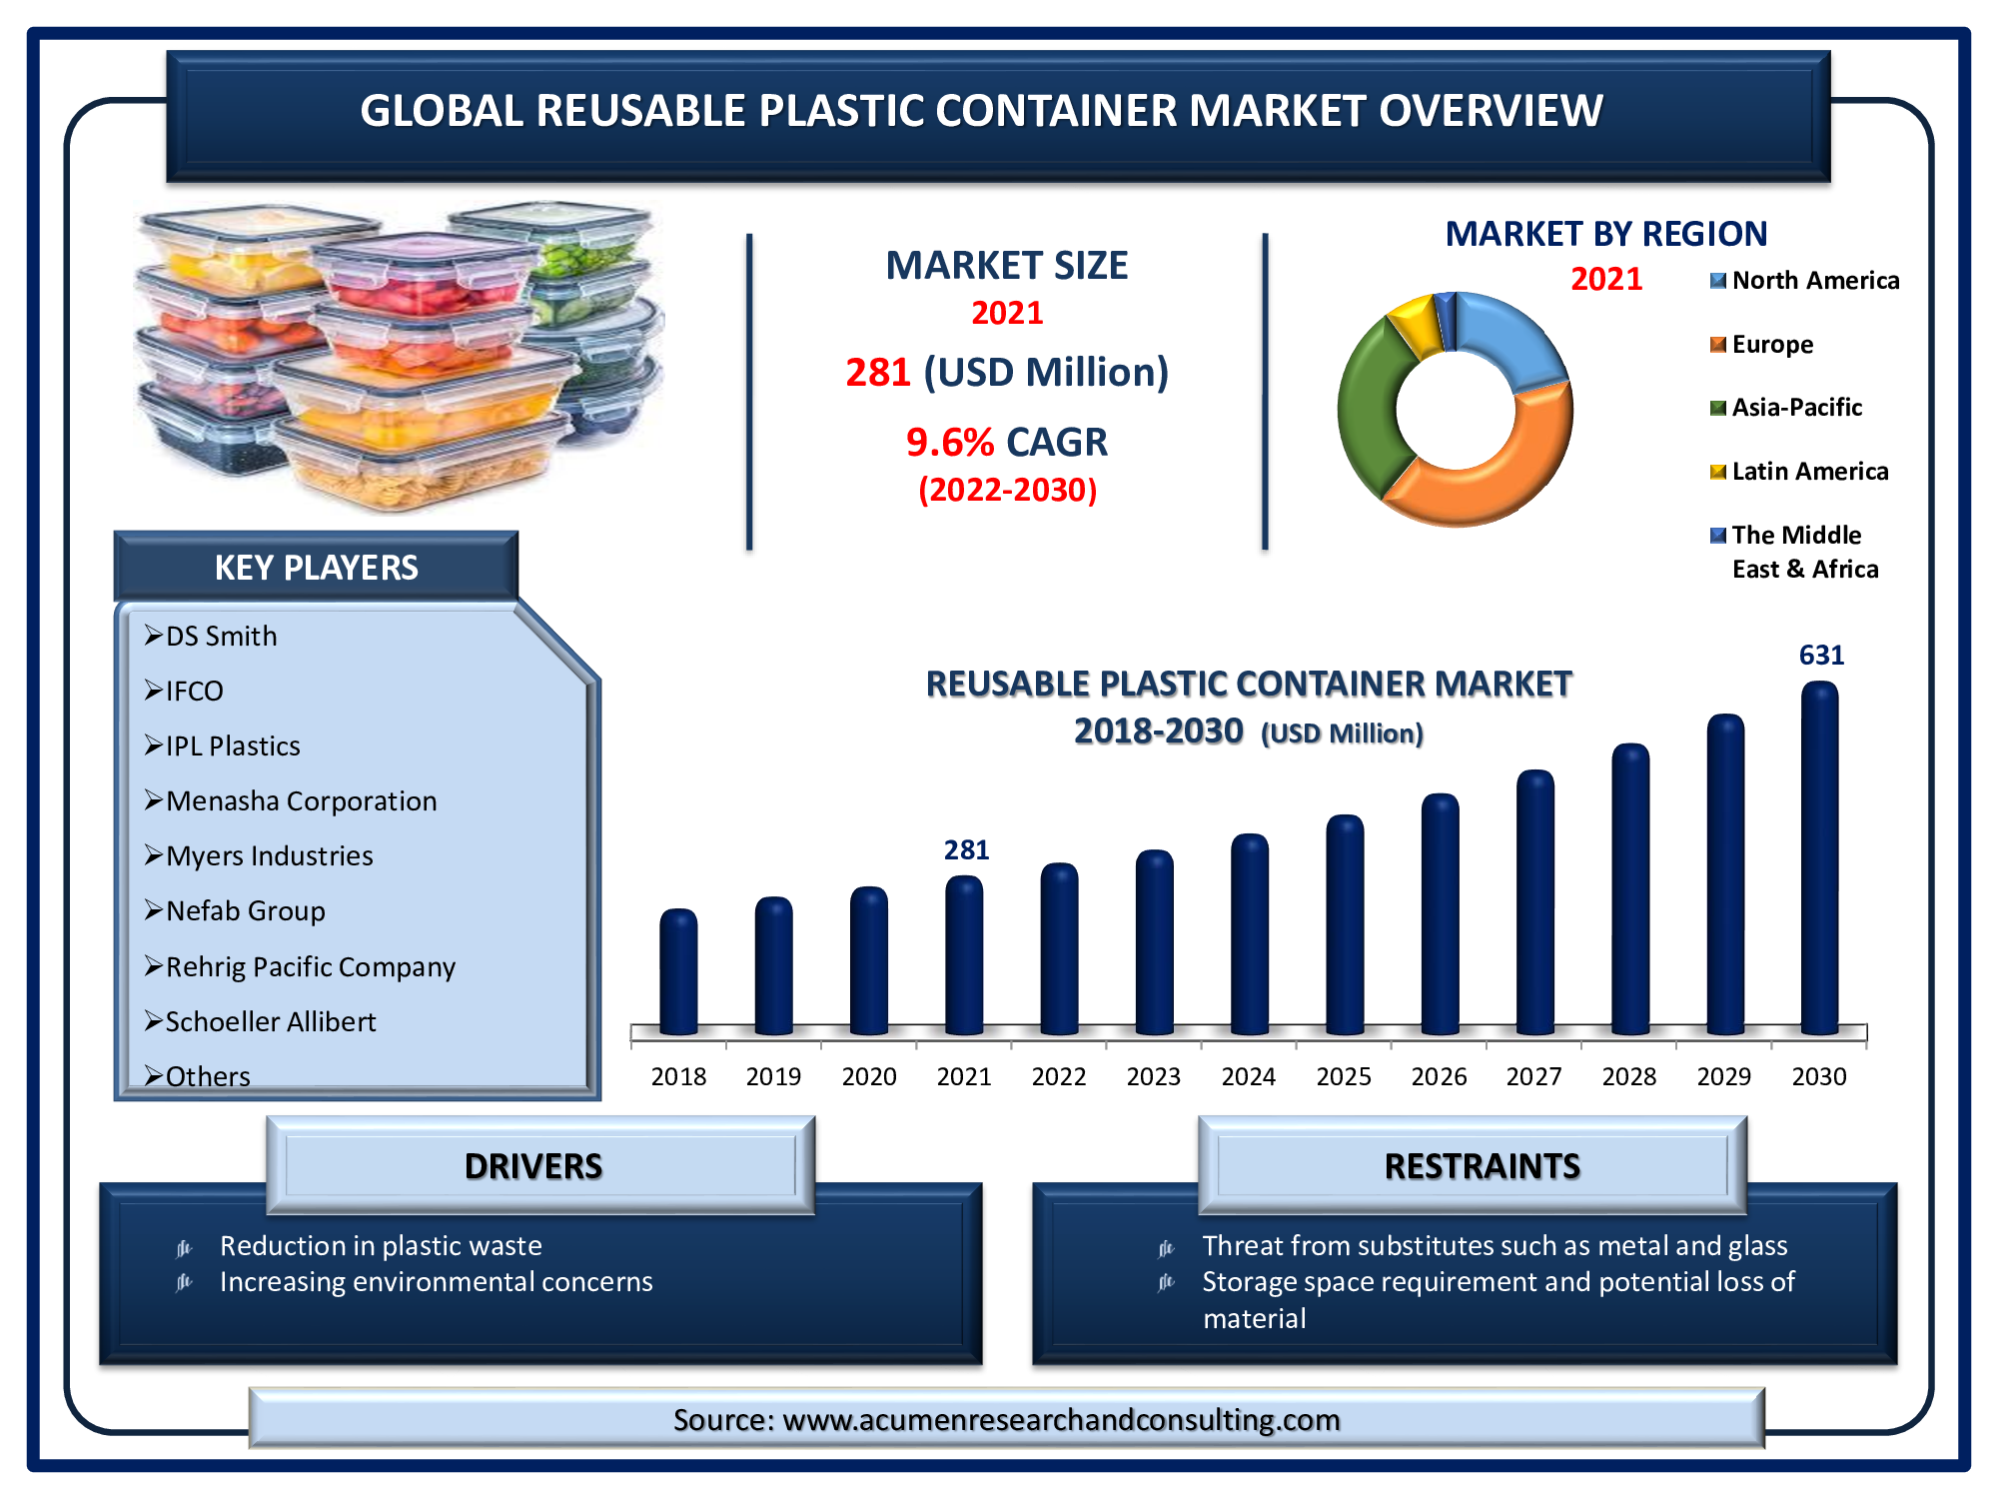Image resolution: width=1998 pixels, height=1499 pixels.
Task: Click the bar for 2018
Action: coord(678,971)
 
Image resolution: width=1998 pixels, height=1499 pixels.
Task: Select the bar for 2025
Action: coord(1345,924)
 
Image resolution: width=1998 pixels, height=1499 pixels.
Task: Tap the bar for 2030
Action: coord(1819,857)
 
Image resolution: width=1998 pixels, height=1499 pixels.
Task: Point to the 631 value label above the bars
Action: coord(1821,656)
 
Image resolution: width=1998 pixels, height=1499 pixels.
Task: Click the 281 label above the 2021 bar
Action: coord(966,849)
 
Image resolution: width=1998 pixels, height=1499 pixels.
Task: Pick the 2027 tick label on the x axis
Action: coord(1533,1076)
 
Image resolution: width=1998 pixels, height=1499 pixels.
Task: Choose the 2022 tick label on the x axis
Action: coord(1059,1076)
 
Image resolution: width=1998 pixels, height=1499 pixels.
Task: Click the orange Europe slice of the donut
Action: coord(1489,470)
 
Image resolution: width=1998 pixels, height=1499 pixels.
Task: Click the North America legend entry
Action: coord(1804,281)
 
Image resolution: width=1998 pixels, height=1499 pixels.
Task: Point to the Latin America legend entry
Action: coord(1799,472)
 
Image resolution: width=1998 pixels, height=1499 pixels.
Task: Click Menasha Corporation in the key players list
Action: coord(301,801)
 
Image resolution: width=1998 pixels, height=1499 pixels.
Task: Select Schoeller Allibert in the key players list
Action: coord(271,1021)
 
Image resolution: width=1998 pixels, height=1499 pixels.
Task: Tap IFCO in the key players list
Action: coord(194,691)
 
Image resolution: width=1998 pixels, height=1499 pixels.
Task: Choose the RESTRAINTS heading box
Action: coord(1473,1166)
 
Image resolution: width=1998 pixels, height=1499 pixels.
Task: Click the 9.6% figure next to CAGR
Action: coord(950,443)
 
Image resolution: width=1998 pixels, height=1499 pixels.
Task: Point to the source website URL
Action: coord(1061,1420)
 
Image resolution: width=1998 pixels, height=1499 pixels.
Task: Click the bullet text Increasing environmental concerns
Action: coord(436,1282)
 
